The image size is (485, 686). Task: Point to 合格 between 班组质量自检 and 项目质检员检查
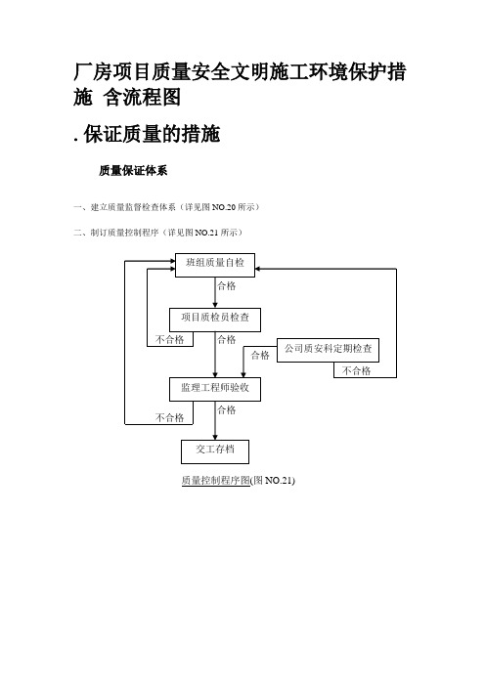227,286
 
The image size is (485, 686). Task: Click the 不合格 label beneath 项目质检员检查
170,339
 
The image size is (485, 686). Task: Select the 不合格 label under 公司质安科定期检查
356,371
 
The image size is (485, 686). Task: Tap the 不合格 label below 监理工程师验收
170,418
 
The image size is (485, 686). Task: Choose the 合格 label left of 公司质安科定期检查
260,356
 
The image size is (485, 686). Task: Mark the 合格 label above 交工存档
227,409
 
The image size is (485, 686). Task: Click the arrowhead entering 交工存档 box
215,437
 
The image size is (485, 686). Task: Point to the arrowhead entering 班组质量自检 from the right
258,269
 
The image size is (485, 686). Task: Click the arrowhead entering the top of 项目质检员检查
215,305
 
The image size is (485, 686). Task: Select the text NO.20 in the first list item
224,207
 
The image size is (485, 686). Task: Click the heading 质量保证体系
133,171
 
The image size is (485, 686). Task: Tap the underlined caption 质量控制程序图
215,481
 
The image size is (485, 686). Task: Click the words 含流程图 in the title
142,97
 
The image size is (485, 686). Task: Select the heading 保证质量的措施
152,134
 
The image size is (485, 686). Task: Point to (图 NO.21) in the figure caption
273,481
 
